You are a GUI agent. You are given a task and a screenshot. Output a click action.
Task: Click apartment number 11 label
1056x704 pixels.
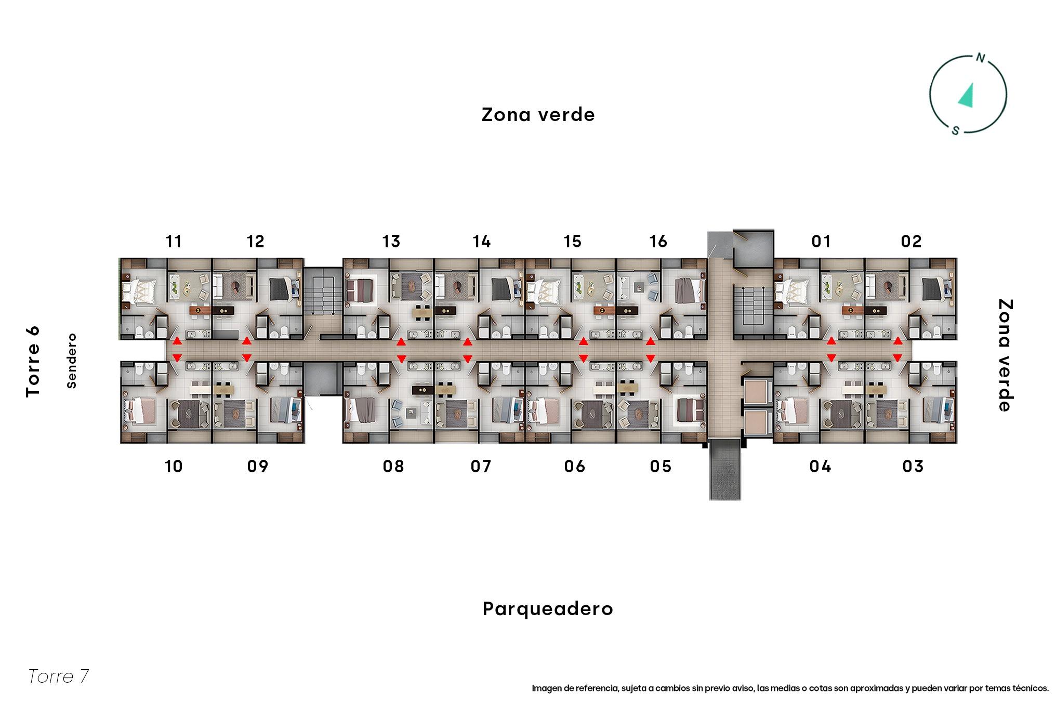pos(174,242)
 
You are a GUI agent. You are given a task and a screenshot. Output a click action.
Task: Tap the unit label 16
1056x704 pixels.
pos(658,242)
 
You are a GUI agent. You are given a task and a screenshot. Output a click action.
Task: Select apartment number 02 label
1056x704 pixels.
pos(911,242)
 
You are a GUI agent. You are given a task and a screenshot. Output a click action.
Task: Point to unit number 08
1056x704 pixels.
pos(393,467)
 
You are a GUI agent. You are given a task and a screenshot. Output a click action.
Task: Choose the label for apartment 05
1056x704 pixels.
pos(661,467)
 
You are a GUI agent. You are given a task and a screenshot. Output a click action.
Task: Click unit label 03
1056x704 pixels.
pos(913,467)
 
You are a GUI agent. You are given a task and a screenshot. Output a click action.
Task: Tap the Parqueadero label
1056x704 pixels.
pos(548,609)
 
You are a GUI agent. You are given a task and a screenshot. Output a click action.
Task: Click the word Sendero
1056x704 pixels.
pos(72,361)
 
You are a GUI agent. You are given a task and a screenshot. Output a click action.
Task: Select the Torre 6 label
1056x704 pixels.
pos(33,362)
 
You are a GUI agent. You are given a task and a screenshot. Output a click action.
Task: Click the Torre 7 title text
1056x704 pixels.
pos(58,676)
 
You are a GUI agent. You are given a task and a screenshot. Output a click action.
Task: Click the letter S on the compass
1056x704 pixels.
pos(955,131)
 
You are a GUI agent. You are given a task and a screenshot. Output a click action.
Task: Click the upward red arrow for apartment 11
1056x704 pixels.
pos(177,341)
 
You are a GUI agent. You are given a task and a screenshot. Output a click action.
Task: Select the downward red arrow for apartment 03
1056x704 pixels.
pos(897,357)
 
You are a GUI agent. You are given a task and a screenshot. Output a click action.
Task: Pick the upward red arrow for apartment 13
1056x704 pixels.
pos(401,342)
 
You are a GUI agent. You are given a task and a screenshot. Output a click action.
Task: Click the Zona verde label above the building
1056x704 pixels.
pos(538,115)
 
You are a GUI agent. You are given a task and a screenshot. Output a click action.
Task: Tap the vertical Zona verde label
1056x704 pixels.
pos(1005,355)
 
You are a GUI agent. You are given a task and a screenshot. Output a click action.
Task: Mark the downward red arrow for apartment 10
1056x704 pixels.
pos(177,357)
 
